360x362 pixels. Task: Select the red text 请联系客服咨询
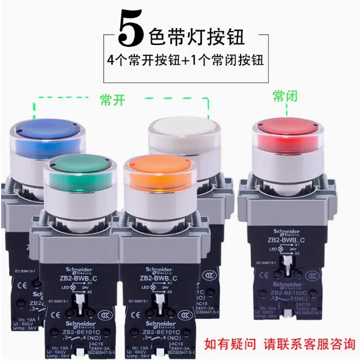pyautogui.click(x=309, y=344)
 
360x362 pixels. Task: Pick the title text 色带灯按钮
pyautogui.click(x=196, y=36)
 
